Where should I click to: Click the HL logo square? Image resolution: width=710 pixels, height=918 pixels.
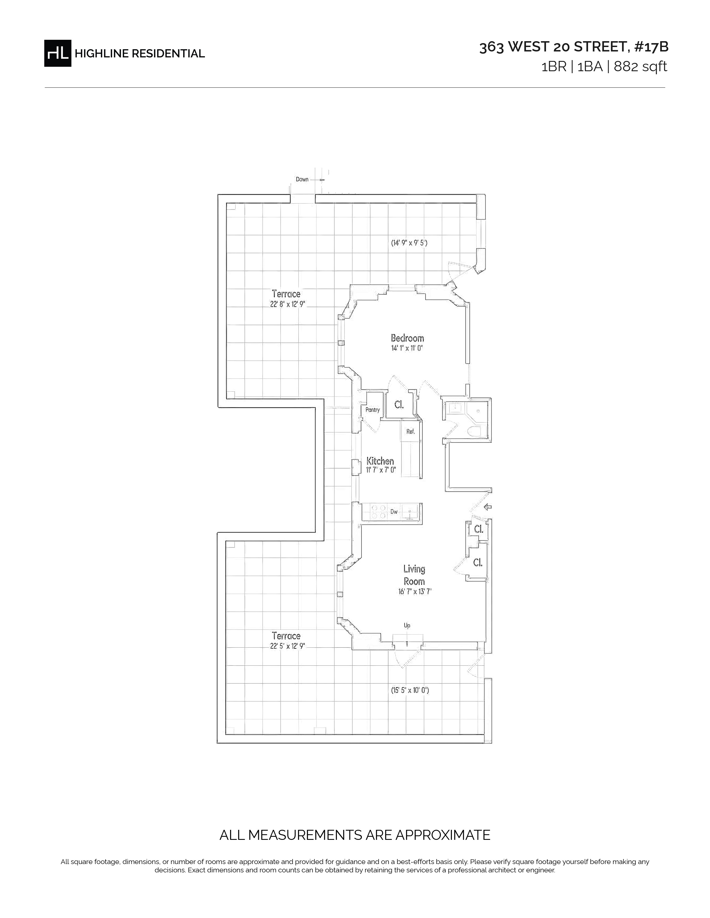[58, 53]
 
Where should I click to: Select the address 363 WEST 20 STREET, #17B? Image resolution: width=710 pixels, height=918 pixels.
[574, 47]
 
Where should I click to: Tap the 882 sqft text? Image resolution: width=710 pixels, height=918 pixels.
[641, 66]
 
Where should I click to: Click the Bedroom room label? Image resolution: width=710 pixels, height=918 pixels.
[407, 338]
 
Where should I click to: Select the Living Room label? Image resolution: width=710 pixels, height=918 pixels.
[414, 575]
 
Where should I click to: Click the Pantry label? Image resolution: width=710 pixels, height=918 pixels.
[373, 410]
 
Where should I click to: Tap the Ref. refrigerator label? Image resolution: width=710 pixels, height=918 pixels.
[410, 431]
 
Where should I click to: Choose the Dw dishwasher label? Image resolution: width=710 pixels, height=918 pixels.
[394, 512]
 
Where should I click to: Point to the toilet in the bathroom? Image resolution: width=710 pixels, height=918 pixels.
[475, 431]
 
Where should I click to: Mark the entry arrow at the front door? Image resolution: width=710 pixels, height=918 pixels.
[488, 507]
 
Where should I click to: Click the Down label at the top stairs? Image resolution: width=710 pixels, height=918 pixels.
[302, 179]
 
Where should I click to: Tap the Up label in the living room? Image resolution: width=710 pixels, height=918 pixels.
[407, 625]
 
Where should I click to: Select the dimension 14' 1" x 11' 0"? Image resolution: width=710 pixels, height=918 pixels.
[407, 348]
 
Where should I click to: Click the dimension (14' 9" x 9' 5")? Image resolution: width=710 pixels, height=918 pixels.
[409, 243]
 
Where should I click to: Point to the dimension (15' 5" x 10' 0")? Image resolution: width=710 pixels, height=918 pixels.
[410, 690]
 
